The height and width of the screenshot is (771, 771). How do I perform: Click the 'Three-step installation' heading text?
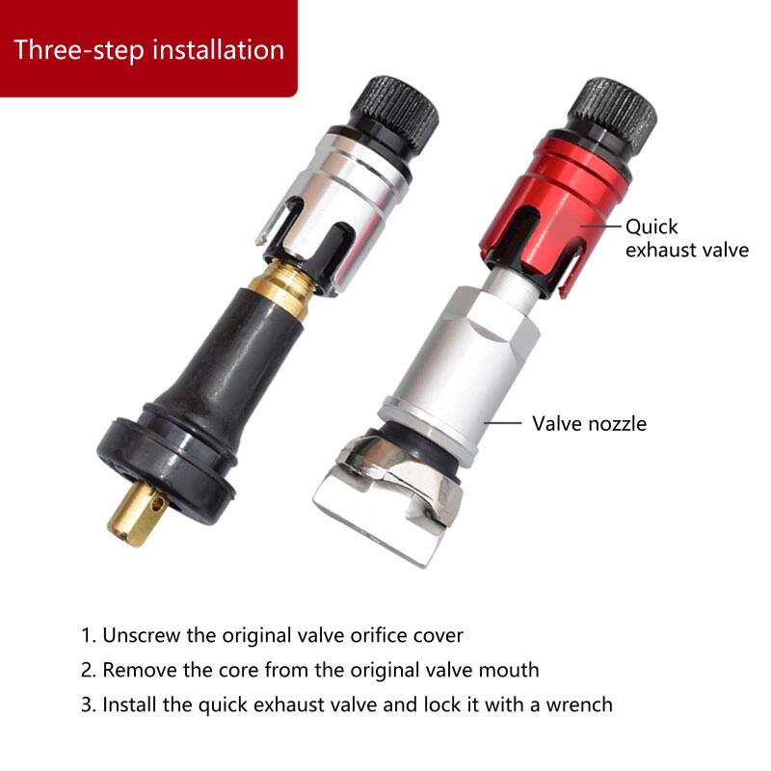point(148,49)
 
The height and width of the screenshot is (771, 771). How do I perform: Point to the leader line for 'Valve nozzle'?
point(502,422)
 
